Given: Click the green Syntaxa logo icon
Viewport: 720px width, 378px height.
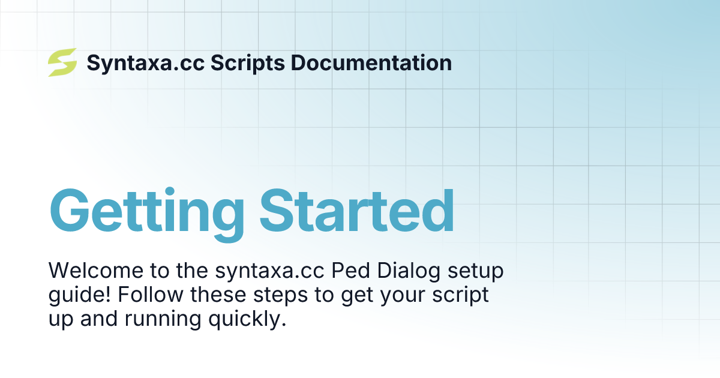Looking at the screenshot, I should pyautogui.click(x=62, y=62).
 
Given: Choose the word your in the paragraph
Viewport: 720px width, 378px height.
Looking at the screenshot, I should pyautogui.click(x=409, y=295).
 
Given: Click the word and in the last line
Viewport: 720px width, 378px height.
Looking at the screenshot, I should pyautogui.click(x=97, y=319).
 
